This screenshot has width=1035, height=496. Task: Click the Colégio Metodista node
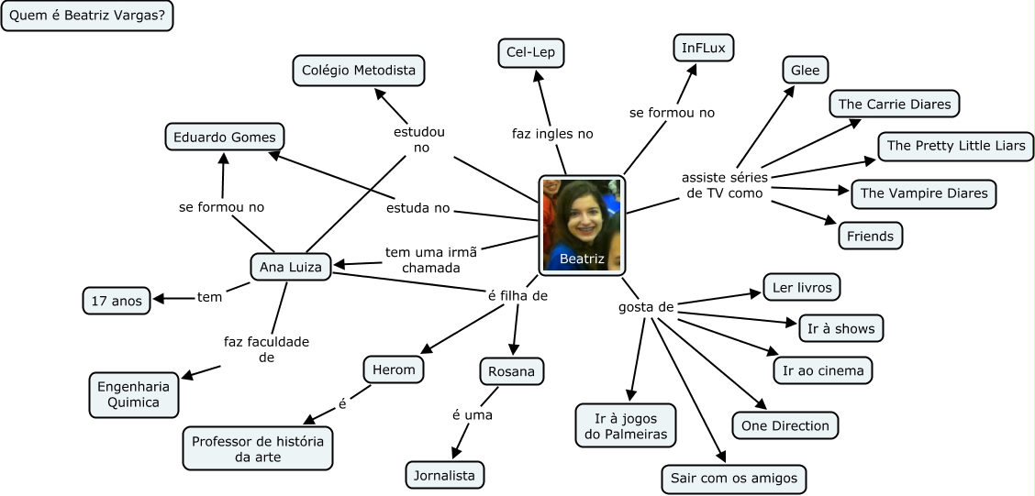point(359,71)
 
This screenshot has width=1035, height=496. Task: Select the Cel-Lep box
point(531,52)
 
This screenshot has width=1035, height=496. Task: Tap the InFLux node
point(703,47)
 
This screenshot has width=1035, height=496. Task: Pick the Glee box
point(806,71)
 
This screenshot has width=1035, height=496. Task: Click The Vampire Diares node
point(924,193)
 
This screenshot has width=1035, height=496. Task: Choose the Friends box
point(870,236)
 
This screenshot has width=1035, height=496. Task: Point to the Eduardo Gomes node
point(224,138)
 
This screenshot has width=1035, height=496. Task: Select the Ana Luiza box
point(291,267)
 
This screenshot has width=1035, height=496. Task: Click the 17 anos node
point(117,300)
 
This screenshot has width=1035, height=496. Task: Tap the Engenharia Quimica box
point(134,393)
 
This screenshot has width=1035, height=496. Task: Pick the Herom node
point(394,370)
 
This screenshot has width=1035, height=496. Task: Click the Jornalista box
point(445,475)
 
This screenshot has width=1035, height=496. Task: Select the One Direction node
point(785,425)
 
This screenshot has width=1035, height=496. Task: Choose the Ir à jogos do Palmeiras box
point(626,425)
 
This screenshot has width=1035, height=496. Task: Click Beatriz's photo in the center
point(582,226)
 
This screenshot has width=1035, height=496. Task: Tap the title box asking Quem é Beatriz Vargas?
point(88,17)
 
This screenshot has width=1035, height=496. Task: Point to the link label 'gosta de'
point(646,307)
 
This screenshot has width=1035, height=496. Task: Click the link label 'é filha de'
point(517,295)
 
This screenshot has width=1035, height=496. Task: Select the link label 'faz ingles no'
point(552,134)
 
